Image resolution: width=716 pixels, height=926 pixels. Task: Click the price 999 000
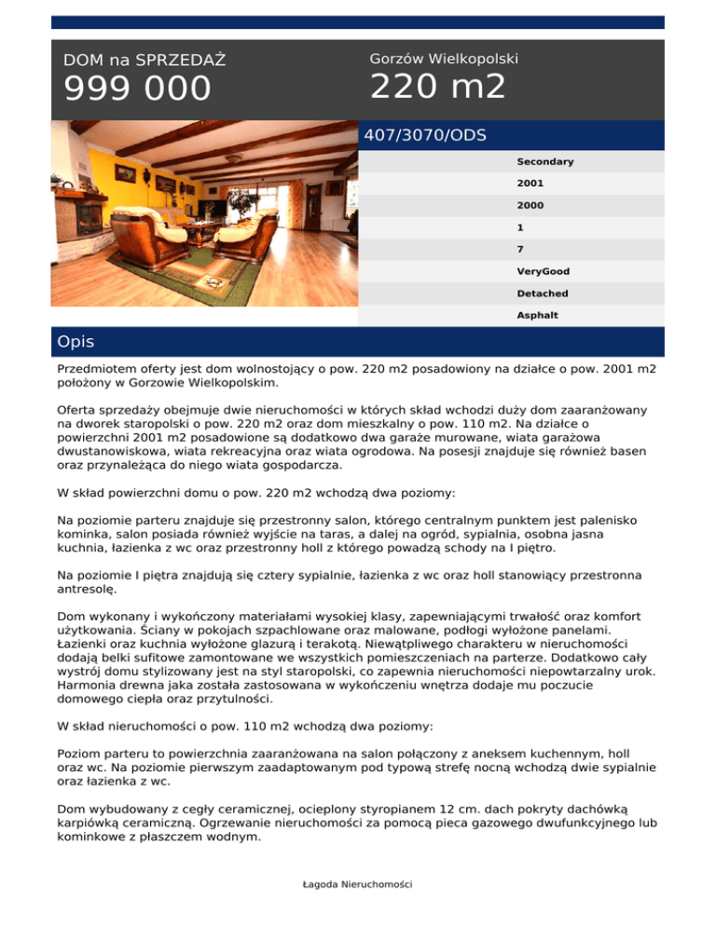[138, 89]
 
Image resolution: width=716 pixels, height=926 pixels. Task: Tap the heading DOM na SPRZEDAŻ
[144, 61]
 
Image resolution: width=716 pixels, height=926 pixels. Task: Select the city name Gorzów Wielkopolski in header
[444, 58]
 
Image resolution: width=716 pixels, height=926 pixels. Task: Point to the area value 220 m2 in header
[438, 88]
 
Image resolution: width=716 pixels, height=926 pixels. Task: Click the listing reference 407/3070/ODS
[425, 135]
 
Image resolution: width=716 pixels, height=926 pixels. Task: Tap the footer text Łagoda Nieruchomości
[358, 884]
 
